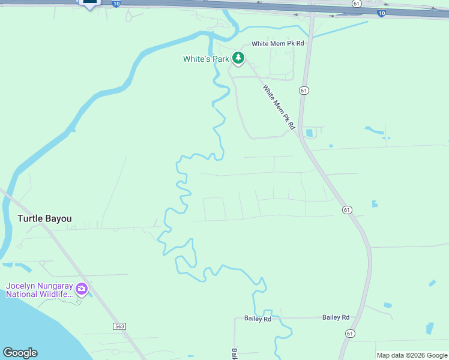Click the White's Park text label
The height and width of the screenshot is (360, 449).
(206, 59)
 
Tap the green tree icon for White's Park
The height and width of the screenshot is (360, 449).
(239, 58)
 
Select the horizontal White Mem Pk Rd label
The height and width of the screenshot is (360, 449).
(278, 43)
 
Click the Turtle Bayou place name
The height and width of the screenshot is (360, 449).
(44, 218)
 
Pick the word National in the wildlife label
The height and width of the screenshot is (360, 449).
(25, 295)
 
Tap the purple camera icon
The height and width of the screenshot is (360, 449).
(82, 289)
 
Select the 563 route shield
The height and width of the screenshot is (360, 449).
(119, 326)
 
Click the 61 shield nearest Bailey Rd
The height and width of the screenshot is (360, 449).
(350, 332)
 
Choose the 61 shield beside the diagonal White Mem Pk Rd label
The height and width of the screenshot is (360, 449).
(304, 90)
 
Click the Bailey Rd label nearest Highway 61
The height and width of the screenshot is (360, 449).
(336, 317)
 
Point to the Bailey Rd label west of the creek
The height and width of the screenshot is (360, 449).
(258, 319)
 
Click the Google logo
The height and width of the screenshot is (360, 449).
(20, 353)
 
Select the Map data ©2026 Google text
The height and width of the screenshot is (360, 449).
(411, 355)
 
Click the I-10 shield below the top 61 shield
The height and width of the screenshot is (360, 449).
(382, 13)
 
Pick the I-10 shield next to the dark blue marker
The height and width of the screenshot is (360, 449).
(116, 3)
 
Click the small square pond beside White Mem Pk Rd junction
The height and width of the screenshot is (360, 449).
(309, 133)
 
